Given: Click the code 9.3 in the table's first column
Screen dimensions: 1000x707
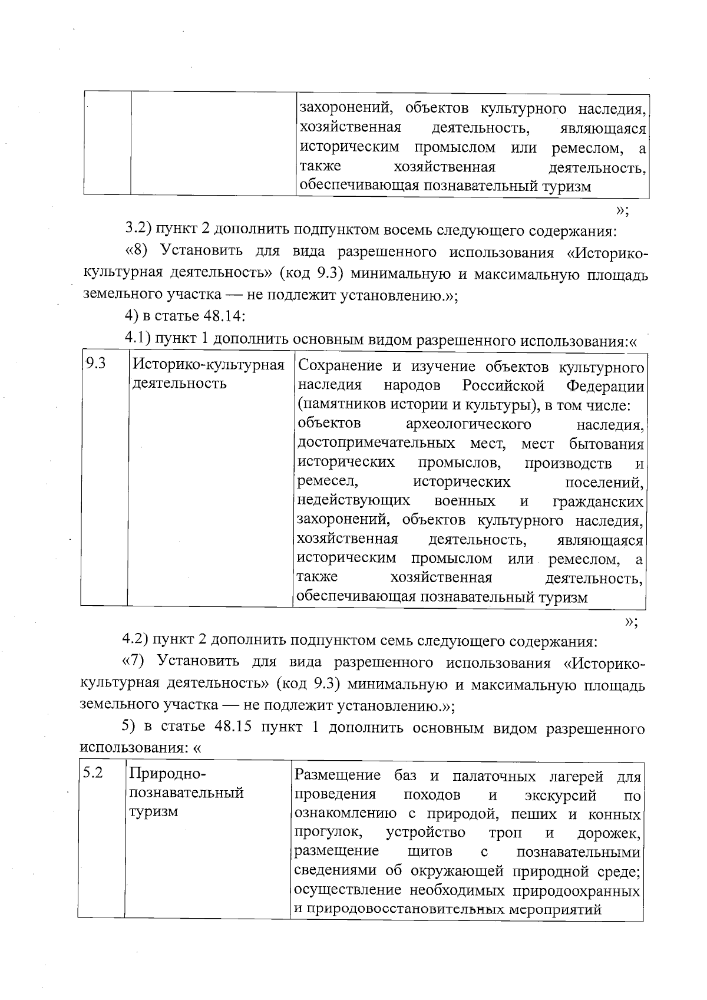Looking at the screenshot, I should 96,364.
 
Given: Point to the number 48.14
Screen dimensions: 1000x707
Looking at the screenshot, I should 223,316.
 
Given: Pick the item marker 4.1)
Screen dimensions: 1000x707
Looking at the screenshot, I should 138,339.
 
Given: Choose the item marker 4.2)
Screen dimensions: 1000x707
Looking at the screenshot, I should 136,640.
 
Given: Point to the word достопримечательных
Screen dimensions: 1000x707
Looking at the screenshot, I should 376,443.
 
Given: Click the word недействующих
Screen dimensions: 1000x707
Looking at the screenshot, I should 353,501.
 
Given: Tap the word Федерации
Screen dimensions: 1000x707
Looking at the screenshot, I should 604,387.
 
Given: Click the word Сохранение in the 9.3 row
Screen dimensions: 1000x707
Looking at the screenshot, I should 340,367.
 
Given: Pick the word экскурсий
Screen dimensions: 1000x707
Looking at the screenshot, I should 560,796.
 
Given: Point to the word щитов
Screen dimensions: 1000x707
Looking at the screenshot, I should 430,852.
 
